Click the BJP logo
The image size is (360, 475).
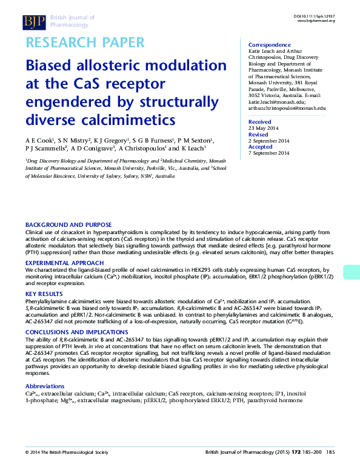tap(33, 22)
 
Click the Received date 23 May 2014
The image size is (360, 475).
tap(264, 128)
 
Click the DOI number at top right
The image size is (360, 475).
tap(314, 15)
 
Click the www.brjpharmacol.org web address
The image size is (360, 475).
tap(315, 21)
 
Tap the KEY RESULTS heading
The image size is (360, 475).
tap(44, 294)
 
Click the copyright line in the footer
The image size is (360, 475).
tap(66, 469)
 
